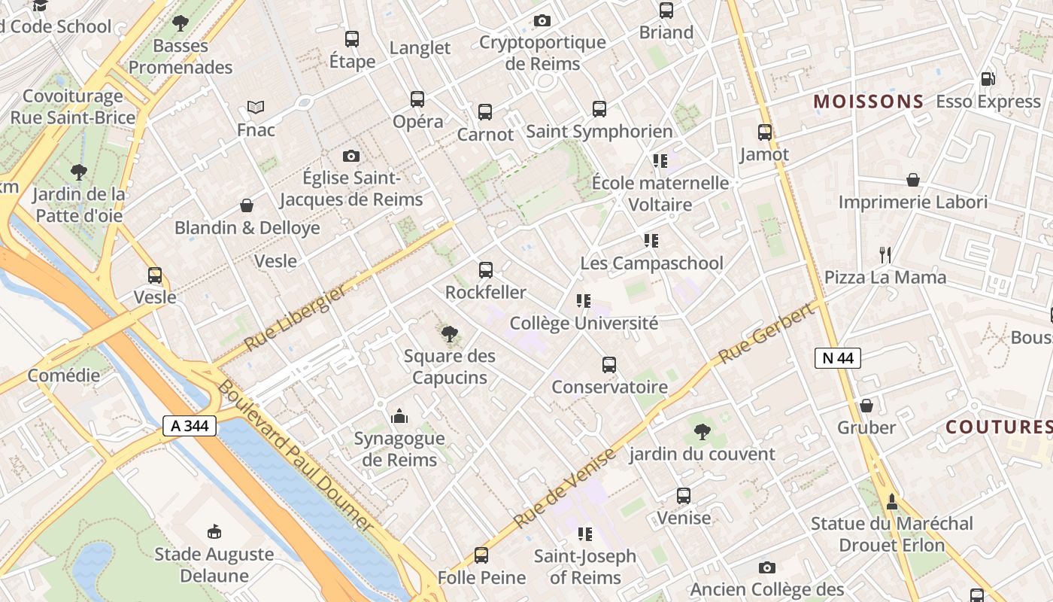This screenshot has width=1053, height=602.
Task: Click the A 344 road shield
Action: coord(190,426)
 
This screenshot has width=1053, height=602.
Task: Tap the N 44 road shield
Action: coord(837,358)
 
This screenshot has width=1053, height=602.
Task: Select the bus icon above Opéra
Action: coord(417,99)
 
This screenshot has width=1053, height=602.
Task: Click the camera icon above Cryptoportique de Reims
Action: coord(542,20)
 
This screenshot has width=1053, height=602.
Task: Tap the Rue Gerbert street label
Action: coord(767,333)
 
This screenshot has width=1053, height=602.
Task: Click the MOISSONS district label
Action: coord(869,102)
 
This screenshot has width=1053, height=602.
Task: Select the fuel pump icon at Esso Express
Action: coord(988,79)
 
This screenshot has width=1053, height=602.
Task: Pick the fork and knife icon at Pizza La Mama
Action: coord(885,255)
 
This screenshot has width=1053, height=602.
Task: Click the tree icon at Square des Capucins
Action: coord(450,333)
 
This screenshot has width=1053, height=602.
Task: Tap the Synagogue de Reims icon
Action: coord(399,416)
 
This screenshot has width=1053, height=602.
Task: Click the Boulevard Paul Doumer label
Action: coord(296,455)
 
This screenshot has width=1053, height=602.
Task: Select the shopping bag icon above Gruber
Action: coord(866,406)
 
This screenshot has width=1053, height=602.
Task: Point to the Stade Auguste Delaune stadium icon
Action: coord(214,532)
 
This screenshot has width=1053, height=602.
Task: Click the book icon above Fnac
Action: coord(256,108)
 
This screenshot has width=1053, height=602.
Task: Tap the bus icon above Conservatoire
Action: coord(609,365)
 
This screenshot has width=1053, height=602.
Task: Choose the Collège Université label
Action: coord(584,324)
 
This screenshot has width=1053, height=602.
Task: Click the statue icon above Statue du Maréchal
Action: coord(892,501)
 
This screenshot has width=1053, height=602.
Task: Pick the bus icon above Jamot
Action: coord(765,132)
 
